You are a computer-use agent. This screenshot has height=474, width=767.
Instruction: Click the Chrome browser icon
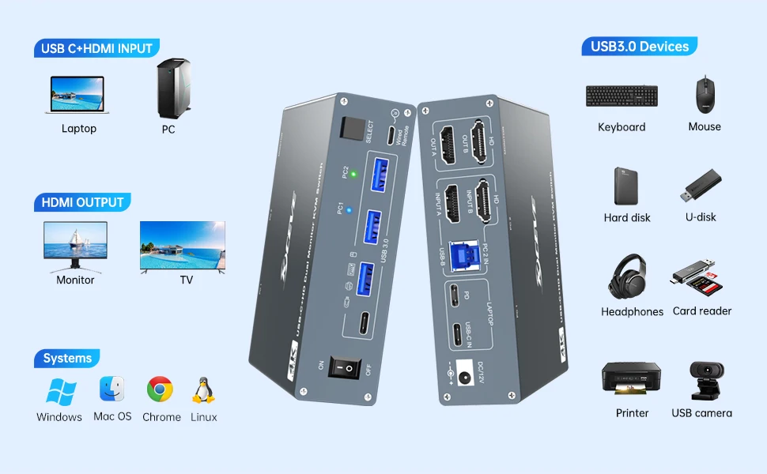pos(160,389)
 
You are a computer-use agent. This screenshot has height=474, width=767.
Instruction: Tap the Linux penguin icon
pos(203,390)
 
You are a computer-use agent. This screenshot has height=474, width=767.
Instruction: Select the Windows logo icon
pos(60,392)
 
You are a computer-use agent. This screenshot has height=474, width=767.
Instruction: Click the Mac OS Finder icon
pos(112,389)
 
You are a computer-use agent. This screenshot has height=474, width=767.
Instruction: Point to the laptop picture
pos(78,95)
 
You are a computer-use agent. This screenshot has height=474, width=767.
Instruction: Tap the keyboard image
pos(622,96)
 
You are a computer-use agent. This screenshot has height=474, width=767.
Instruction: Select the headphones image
pos(629,276)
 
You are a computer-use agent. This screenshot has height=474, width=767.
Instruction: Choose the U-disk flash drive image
pos(701,186)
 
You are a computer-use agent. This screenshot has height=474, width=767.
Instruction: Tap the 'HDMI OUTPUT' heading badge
pos(82,202)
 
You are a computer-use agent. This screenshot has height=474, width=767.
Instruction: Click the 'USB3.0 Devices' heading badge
pos(639,47)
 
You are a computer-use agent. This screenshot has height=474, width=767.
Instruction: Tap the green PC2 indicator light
pos(353,174)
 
